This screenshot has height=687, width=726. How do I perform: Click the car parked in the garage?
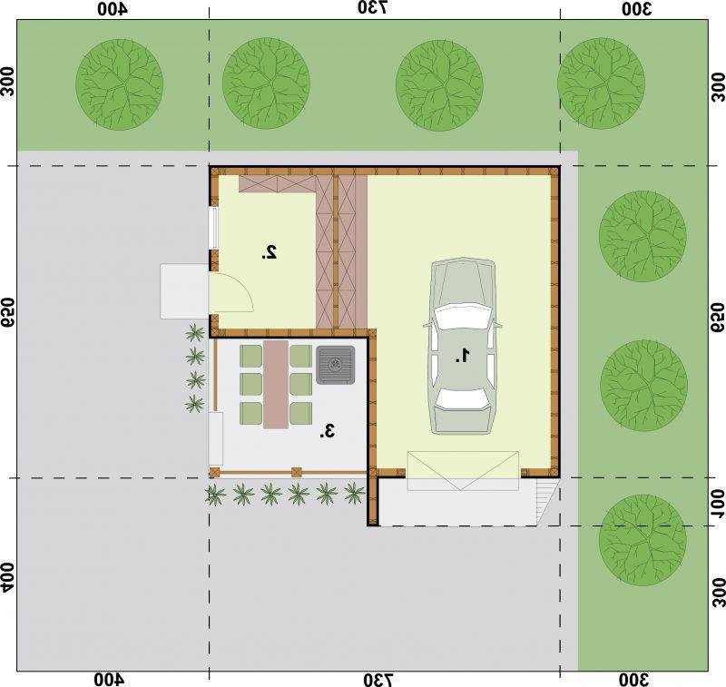(x=463, y=347)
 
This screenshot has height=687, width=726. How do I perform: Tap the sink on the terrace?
(x=336, y=365)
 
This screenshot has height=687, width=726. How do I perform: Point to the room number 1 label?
(x=463, y=356)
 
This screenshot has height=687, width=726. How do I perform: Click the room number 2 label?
(x=270, y=252)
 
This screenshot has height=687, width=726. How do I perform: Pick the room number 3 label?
(x=327, y=431)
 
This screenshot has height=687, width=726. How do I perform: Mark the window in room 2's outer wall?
(x=213, y=228)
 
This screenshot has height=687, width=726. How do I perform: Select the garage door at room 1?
(x=463, y=471)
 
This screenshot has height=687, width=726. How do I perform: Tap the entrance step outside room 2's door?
(x=184, y=291)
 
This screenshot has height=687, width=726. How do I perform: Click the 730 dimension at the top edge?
(x=373, y=8)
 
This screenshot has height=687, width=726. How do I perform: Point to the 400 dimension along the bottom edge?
(x=109, y=680)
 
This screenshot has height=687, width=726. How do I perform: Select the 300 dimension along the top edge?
(x=636, y=9)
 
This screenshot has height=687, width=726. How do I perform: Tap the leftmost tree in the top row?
(x=120, y=84)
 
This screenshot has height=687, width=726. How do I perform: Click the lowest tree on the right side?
(x=643, y=540)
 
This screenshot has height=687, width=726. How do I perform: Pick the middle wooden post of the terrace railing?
(x=297, y=473)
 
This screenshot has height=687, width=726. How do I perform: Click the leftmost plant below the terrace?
(x=216, y=495)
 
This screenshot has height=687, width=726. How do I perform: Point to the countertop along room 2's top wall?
(x=277, y=184)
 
